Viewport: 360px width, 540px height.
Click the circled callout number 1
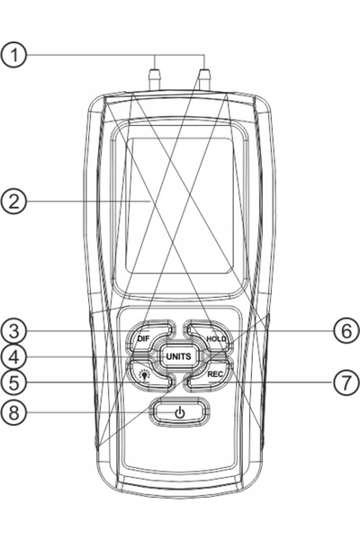pyautogui.click(x=13, y=55)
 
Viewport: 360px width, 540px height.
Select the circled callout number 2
pyautogui.click(x=13, y=201)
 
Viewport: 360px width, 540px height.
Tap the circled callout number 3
pyautogui.click(x=13, y=331)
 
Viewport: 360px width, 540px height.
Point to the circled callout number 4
pyautogui.click(x=13, y=357)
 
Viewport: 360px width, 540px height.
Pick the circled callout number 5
pyautogui.click(x=13, y=382)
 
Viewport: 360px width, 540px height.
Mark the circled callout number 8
pyautogui.click(x=13, y=412)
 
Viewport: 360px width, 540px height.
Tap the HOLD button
pyautogui.click(x=210, y=336)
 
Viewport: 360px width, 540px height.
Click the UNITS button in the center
pyautogui.click(x=178, y=356)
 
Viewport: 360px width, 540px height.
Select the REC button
pyautogui.click(x=211, y=375)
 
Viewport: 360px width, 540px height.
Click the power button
pyautogui.click(x=179, y=412)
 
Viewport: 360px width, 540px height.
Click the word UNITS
pyautogui.click(x=178, y=356)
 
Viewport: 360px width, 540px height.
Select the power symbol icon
pyautogui.click(x=179, y=412)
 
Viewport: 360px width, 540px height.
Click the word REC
pyautogui.click(x=215, y=374)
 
